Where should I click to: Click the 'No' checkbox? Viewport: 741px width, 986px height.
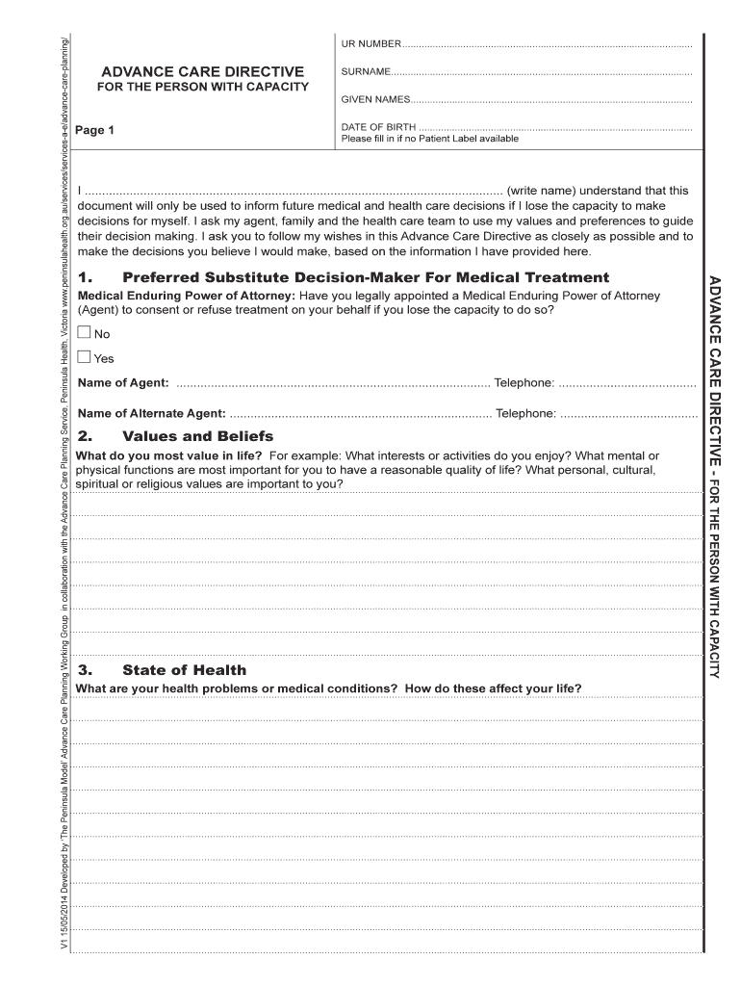click(x=84, y=333)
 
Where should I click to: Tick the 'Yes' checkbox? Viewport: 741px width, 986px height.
click(x=84, y=357)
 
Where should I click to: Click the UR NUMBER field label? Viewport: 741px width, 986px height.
click(x=370, y=45)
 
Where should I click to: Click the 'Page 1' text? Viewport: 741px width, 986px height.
click(x=95, y=130)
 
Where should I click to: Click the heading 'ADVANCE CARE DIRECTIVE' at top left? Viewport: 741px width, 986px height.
click(x=203, y=72)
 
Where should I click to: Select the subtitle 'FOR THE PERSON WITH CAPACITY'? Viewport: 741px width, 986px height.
click(x=203, y=88)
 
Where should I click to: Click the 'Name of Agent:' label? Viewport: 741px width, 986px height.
click(x=123, y=383)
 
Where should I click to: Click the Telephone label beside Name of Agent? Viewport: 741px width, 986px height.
click(x=524, y=383)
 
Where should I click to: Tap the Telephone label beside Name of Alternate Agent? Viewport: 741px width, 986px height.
click(x=525, y=413)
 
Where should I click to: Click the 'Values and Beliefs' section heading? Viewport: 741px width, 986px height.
click(x=197, y=436)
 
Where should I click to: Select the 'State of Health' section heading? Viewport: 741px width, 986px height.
click(x=184, y=670)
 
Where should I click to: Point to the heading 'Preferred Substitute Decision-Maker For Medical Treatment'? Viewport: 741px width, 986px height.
click(x=366, y=277)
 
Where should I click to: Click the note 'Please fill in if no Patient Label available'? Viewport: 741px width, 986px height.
click(x=429, y=139)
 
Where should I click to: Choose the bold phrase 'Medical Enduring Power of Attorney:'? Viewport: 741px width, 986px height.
click(x=187, y=296)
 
